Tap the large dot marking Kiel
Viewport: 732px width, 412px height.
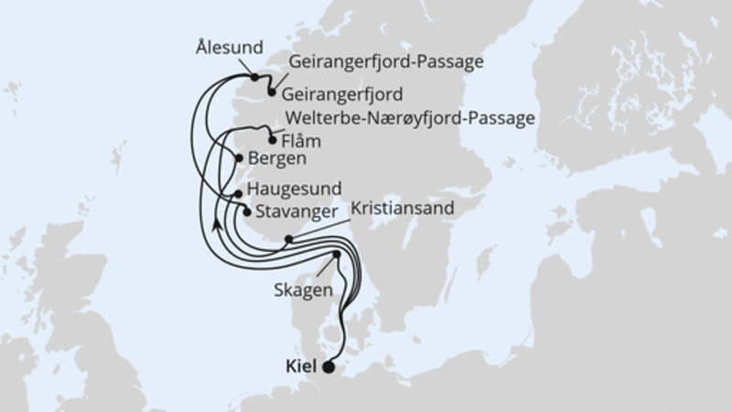coord(329,369)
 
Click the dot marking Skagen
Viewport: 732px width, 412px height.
coord(336,255)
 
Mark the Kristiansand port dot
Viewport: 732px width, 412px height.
coord(288,241)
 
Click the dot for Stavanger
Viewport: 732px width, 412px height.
coord(246,211)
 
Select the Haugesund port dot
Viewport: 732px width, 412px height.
coord(238,194)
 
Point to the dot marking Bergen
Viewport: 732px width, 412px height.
coord(240,158)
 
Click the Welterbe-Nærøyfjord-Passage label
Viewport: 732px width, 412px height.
coord(410,118)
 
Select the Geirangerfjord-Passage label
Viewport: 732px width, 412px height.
coord(385,62)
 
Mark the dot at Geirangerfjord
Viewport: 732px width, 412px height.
coord(272,91)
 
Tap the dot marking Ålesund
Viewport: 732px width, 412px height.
coord(255,77)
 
